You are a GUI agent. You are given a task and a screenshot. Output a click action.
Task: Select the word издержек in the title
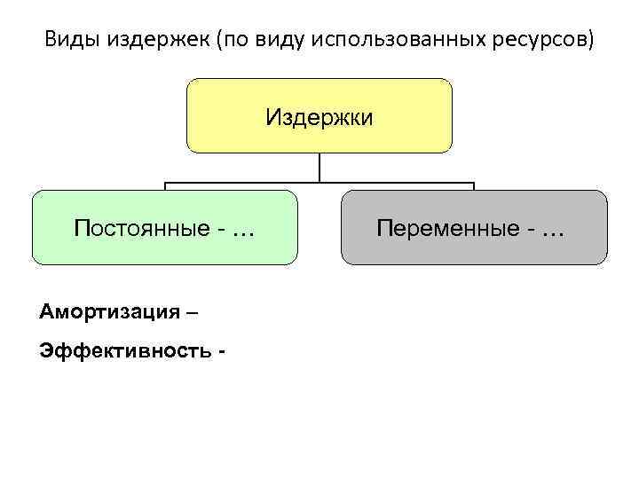coord(146,41)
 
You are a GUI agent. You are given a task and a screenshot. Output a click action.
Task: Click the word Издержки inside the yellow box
coord(319,117)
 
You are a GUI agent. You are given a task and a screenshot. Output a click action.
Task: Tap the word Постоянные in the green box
coord(140,229)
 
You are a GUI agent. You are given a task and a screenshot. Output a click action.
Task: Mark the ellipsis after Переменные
coord(552,230)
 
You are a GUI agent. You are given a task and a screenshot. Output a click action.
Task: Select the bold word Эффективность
coord(122,350)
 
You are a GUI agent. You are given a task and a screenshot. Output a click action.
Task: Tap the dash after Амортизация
coord(194,313)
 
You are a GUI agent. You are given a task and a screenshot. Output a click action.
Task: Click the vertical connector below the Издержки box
coord(319,169)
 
